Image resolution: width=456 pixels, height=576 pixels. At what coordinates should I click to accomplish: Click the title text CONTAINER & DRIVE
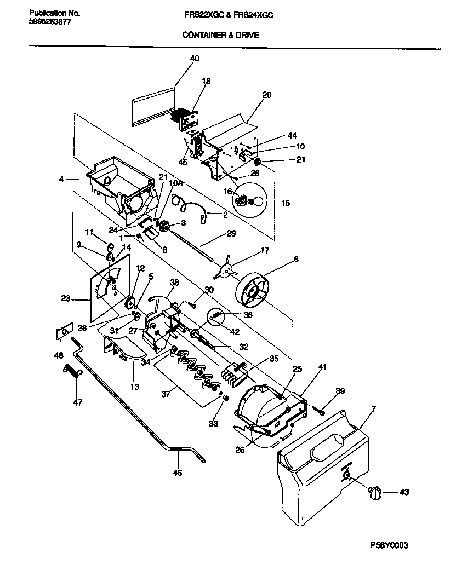[220, 35]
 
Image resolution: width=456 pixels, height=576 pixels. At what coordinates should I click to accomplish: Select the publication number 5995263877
[49, 22]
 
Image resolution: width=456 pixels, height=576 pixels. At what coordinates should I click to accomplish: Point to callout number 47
[77, 402]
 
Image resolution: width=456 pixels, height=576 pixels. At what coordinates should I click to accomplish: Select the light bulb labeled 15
[253, 203]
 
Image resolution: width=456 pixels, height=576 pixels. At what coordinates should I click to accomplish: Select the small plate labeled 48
[64, 332]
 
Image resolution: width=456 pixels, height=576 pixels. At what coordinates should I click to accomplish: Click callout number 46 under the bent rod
[177, 473]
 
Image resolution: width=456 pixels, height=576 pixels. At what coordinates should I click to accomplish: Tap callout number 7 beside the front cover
[373, 410]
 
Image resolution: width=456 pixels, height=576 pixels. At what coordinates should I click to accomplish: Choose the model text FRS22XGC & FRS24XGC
[229, 16]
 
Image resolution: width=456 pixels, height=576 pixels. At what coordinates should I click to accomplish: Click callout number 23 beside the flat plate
[66, 299]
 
